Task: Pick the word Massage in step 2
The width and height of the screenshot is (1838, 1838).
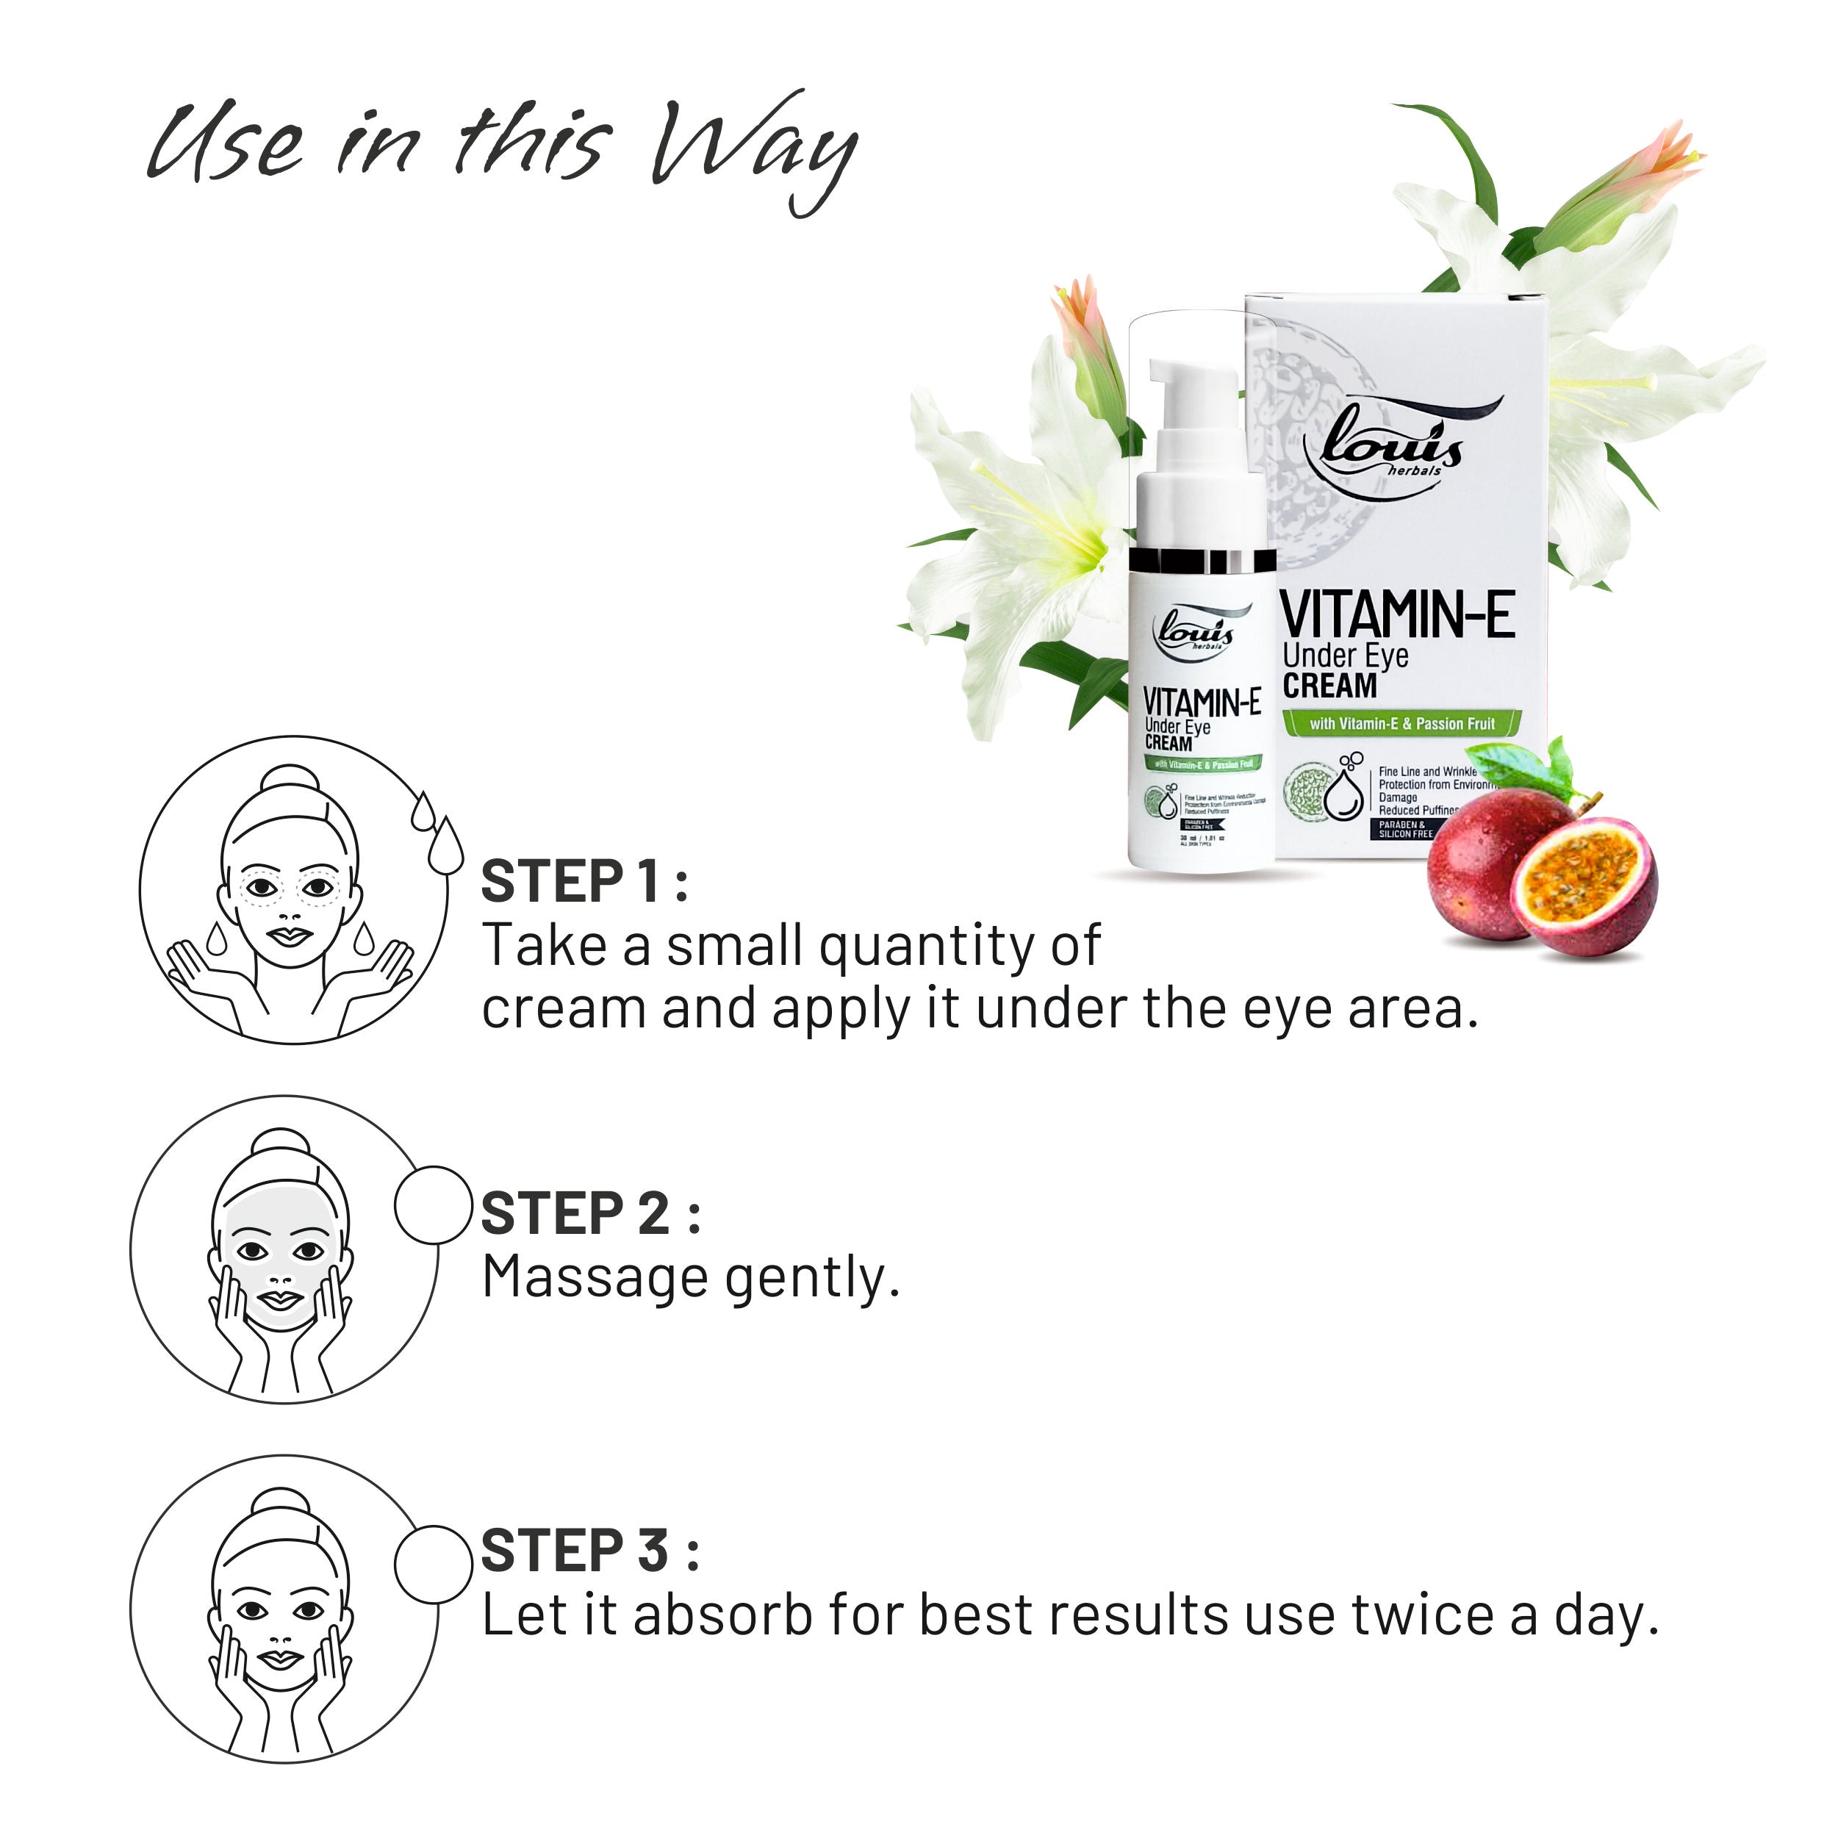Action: point(595,1278)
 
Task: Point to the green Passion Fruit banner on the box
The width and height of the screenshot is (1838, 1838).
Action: point(1401,724)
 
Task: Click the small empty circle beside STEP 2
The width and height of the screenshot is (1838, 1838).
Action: point(434,1205)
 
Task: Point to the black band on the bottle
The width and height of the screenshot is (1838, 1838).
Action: point(1201,561)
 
